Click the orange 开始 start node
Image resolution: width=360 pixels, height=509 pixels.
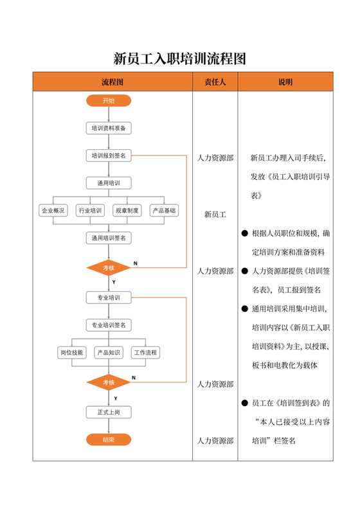coord(109,101)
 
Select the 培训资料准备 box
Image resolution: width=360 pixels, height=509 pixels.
coord(109,128)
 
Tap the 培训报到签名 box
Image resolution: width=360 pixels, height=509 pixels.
coord(109,156)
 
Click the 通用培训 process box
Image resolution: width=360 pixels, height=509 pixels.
coord(109,183)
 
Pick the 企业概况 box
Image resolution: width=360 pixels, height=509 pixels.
coord(53,210)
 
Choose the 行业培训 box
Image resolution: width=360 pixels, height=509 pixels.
coord(90,210)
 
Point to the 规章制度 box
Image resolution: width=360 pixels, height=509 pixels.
coord(127,210)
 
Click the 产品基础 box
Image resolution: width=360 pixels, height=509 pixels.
coord(164,210)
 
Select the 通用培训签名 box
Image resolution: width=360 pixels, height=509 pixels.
coord(109,238)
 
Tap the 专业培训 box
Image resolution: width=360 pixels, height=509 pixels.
coord(109,298)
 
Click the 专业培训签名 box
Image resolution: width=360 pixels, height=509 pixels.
coord(109,325)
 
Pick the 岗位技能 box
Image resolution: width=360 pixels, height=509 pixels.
coord(71,353)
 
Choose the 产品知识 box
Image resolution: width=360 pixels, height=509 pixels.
coord(109,353)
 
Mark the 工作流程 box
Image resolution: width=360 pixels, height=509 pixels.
coord(146,353)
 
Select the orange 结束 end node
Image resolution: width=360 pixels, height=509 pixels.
coord(109,440)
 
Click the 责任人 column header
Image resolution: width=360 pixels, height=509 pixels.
coord(215,82)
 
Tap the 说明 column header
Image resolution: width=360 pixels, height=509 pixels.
coord(285,82)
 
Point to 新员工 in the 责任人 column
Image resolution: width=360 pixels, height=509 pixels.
coord(215,214)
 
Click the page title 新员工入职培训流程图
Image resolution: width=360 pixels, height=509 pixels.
coord(180,59)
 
